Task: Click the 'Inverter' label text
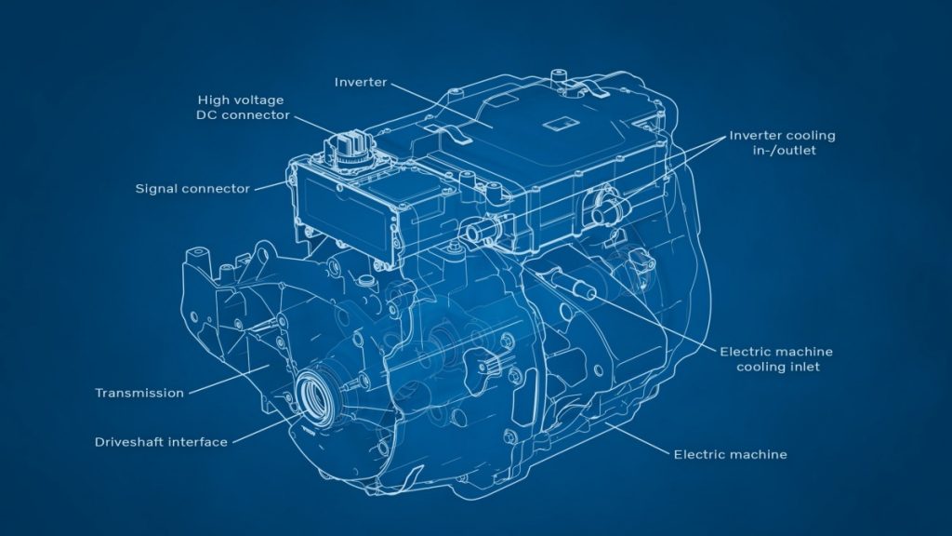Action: click(360, 82)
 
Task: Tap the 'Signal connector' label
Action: click(192, 189)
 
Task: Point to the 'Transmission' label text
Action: click(139, 393)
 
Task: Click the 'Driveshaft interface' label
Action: click(161, 442)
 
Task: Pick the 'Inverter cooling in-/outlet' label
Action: click(782, 142)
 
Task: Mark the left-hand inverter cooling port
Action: click(478, 229)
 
